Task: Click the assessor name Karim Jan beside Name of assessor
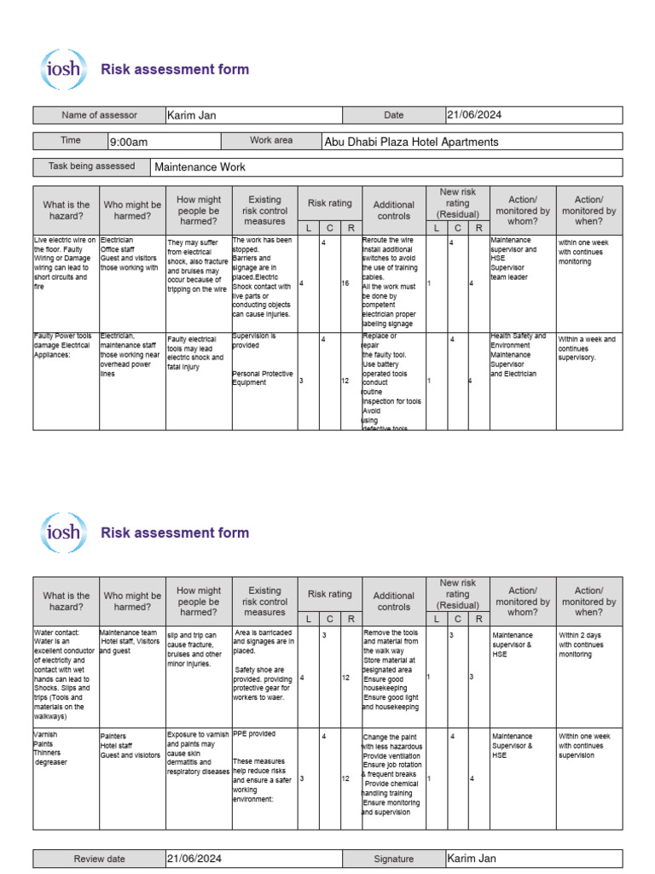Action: click(x=192, y=115)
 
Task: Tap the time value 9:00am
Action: click(x=129, y=142)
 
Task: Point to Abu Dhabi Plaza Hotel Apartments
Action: click(x=411, y=142)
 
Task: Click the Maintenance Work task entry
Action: click(x=200, y=167)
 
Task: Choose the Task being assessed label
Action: click(x=91, y=166)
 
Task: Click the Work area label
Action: click(x=271, y=141)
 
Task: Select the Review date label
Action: click(x=99, y=859)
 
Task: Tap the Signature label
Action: click(x=393, y=859)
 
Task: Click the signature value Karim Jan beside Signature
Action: click(x=472, y=859)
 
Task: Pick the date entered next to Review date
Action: click(x=196, y=859)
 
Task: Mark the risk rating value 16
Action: click(x=345, y=283)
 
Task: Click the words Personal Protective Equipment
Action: click(x=263, y=378)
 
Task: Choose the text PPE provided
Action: click(x=254, y=733)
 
